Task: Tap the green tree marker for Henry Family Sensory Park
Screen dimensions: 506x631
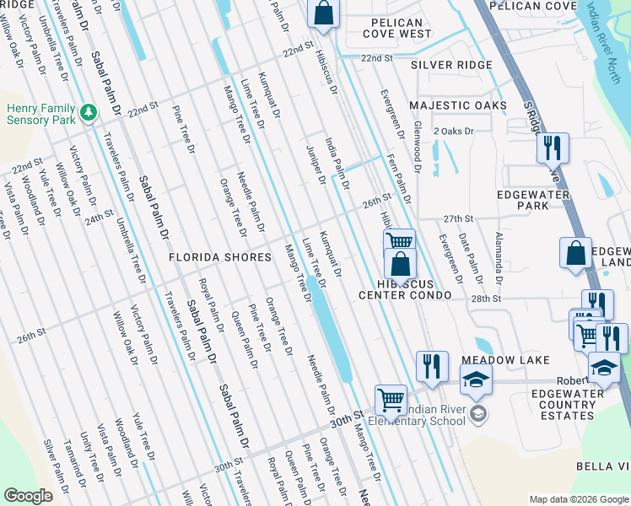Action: (88, 111)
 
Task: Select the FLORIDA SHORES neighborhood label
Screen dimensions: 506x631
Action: (219, 256)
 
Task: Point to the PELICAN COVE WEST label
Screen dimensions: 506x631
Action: (396, 28)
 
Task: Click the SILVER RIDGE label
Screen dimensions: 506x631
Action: (450, 65)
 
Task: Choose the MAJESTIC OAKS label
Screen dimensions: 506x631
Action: (458, 105)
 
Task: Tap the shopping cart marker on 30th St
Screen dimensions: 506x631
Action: (391, 399)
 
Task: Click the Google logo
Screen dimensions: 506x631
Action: (29, 496)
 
